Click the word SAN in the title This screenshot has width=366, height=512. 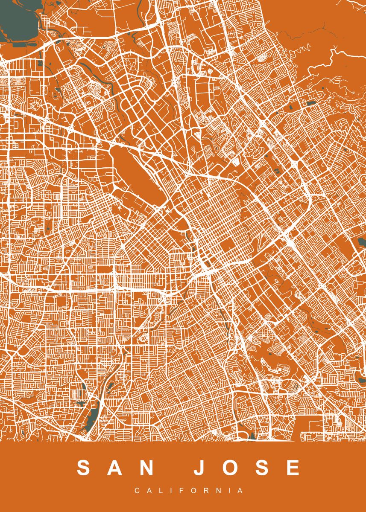pyautogui.click(x=116, y=468)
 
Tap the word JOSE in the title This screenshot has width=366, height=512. pyautogui.click(x=247, y=468)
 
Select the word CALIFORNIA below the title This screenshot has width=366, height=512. pyautogui.click(x=189, y=491)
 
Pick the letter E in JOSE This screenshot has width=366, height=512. pyautogui.click(x=293, y=468)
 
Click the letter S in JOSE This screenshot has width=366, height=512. pyautogui.click(x=263, y=468)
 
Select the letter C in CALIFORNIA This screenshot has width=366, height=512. pyautogui.click(x=137, y=491)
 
